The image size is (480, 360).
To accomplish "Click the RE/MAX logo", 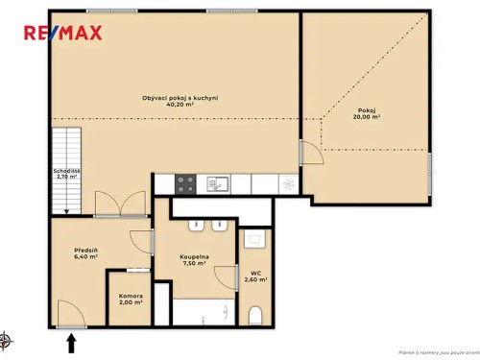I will click(x=63, y=34).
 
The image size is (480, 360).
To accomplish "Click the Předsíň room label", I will click(x=85, y=253).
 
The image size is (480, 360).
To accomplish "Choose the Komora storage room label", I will click(x=131, y=300).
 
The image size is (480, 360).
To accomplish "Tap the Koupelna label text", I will click(x=195, y=261).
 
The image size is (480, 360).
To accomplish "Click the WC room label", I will click(x=255, y=276).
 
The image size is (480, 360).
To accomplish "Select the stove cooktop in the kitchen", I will click(x=185, y=182).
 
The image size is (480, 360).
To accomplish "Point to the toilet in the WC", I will click(x=255, y=316).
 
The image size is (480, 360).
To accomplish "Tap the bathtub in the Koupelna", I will click(x=204, y=312).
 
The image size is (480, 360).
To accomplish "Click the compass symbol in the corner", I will click(x=7, y=338).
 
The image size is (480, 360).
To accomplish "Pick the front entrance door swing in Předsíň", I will click(x=69, y=313).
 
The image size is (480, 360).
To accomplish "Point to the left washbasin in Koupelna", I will click(x=196, y=228).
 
